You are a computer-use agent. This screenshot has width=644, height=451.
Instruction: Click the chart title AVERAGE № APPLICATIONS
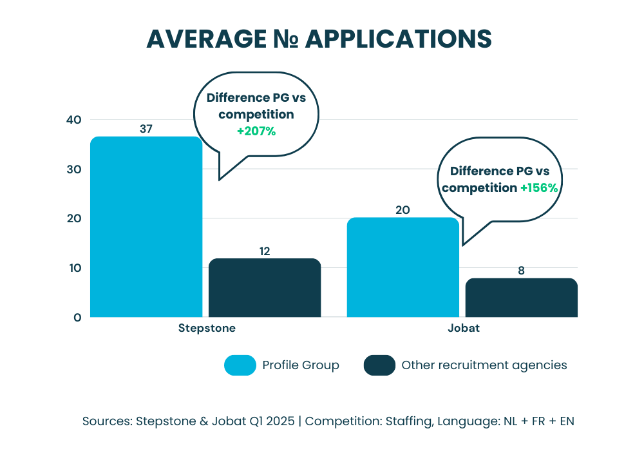tap(319, 39)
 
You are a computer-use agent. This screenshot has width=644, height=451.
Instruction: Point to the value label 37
tap(146, 129)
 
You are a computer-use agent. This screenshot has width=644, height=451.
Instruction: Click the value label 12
tap(265, 251)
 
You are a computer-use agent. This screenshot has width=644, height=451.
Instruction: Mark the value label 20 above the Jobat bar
tap(403, 210)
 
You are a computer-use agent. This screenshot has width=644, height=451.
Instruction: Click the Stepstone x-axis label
tap(207, 328)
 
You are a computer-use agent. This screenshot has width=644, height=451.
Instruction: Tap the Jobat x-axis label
tap(463, 328)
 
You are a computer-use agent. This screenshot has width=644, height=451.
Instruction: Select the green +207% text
tap(256, 131)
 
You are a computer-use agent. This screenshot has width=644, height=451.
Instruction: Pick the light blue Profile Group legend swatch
tap(240, 365)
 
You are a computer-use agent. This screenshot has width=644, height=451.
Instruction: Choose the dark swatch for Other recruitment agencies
tap(379, 365)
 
